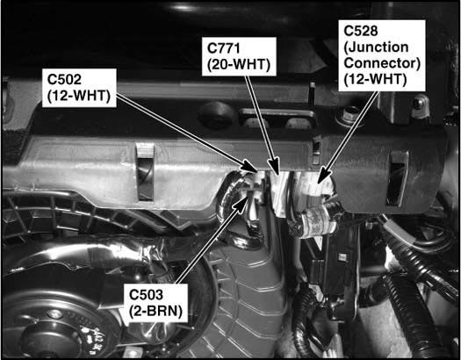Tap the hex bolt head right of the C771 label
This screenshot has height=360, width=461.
click(349, 112)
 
